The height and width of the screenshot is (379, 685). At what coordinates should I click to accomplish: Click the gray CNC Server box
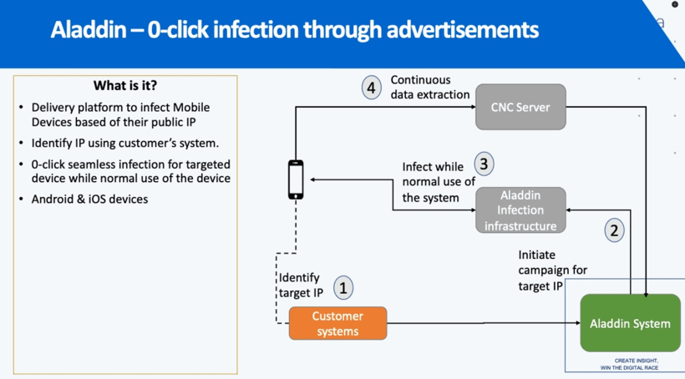(x=520, y=107)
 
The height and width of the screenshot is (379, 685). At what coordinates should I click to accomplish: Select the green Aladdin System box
(x=630, y=323)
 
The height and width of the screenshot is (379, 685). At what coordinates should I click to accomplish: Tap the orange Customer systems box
(x=337, y=323)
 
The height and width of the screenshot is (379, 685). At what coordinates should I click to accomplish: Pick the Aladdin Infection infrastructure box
(x=520, y=210)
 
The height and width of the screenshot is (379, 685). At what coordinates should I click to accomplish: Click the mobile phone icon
(x=296, y=179)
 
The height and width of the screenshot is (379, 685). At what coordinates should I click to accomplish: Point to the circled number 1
(x=342, y=288)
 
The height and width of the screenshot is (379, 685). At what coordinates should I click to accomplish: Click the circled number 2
(x=615, y=230)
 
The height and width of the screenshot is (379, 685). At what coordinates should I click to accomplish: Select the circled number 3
(x=483, y=163)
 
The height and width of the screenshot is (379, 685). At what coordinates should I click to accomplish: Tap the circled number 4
(x=372, y=87)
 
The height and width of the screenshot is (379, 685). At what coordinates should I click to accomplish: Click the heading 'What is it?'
(x=125, y=86)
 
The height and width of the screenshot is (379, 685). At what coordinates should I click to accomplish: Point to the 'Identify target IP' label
(x=301, y=286)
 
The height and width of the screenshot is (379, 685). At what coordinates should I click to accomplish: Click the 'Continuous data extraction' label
(x=429, y=88)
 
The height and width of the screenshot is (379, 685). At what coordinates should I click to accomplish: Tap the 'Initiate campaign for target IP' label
(x=552, y=270)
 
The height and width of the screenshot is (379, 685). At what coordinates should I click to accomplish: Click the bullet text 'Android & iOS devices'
(x=89, y=199)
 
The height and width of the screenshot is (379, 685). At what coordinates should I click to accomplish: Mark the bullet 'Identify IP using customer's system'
(x=125, y=143)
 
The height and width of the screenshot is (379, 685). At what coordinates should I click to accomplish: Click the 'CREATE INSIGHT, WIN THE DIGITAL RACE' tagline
(x=629, y=364)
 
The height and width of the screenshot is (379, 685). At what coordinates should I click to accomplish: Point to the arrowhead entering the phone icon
(x=309, y=179)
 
